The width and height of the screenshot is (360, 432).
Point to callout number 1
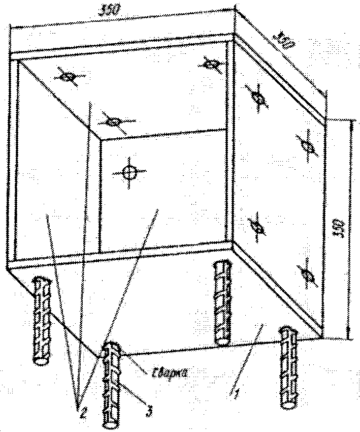[233, 392]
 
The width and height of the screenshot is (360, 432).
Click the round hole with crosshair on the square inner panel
[130, 173]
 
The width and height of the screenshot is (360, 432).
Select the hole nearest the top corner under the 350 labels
[211, 65]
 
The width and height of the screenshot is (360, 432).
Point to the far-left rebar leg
[43, 320]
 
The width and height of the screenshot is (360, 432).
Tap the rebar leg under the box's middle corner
[221, 302]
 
